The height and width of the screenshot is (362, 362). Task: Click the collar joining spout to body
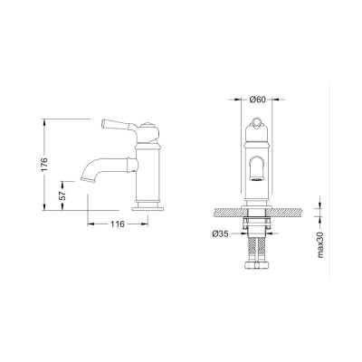[133, 165]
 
